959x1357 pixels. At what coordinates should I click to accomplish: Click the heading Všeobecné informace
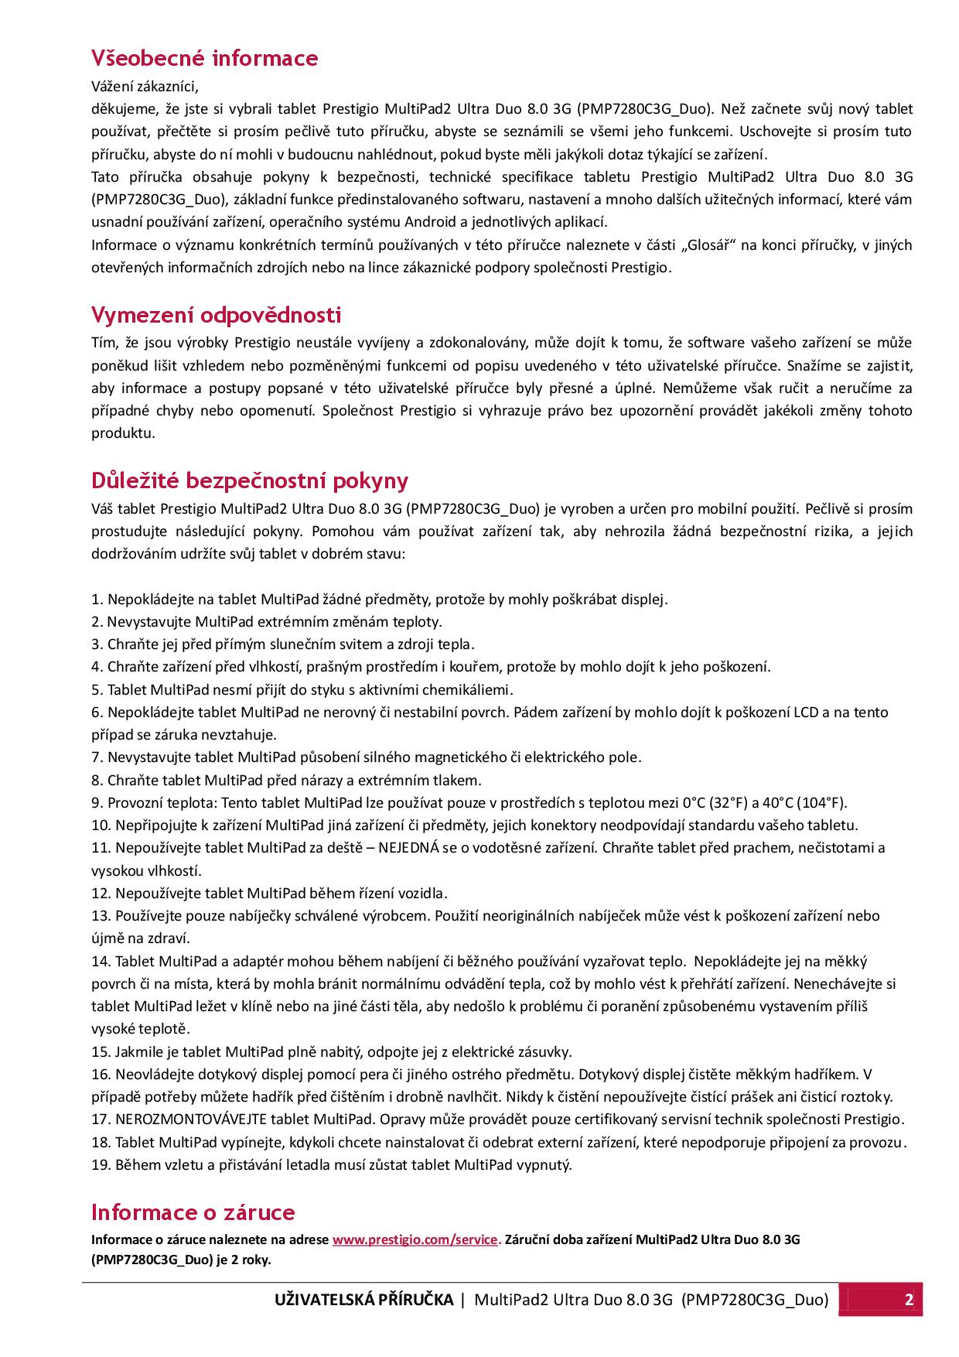click(x=204, y=58)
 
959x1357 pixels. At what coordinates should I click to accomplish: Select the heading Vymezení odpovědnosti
click(x=216, y=315)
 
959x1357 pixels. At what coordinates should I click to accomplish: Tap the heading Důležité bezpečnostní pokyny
click(x=249, y=480)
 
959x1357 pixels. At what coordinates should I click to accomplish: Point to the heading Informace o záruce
click(x=193, y=1212)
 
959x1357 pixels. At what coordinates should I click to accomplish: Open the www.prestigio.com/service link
click(x=416, y=1239)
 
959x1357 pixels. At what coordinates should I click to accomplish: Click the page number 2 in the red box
click(x=909, y=1300)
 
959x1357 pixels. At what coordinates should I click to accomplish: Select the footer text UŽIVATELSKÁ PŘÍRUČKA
click(x=363, y=1300)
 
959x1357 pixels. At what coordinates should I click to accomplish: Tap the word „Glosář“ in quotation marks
click(x=711, y=245)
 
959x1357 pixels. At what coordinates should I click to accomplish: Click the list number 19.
click(x=101, y=1165)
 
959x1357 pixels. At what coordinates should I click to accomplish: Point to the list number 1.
click(x=96, y=600)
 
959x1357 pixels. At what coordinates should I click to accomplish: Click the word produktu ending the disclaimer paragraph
click(x=123, y=433)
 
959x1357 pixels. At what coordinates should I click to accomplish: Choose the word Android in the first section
click(x=430, y=222)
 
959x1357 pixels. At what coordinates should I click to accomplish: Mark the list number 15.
click(x=101, y=1052)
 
